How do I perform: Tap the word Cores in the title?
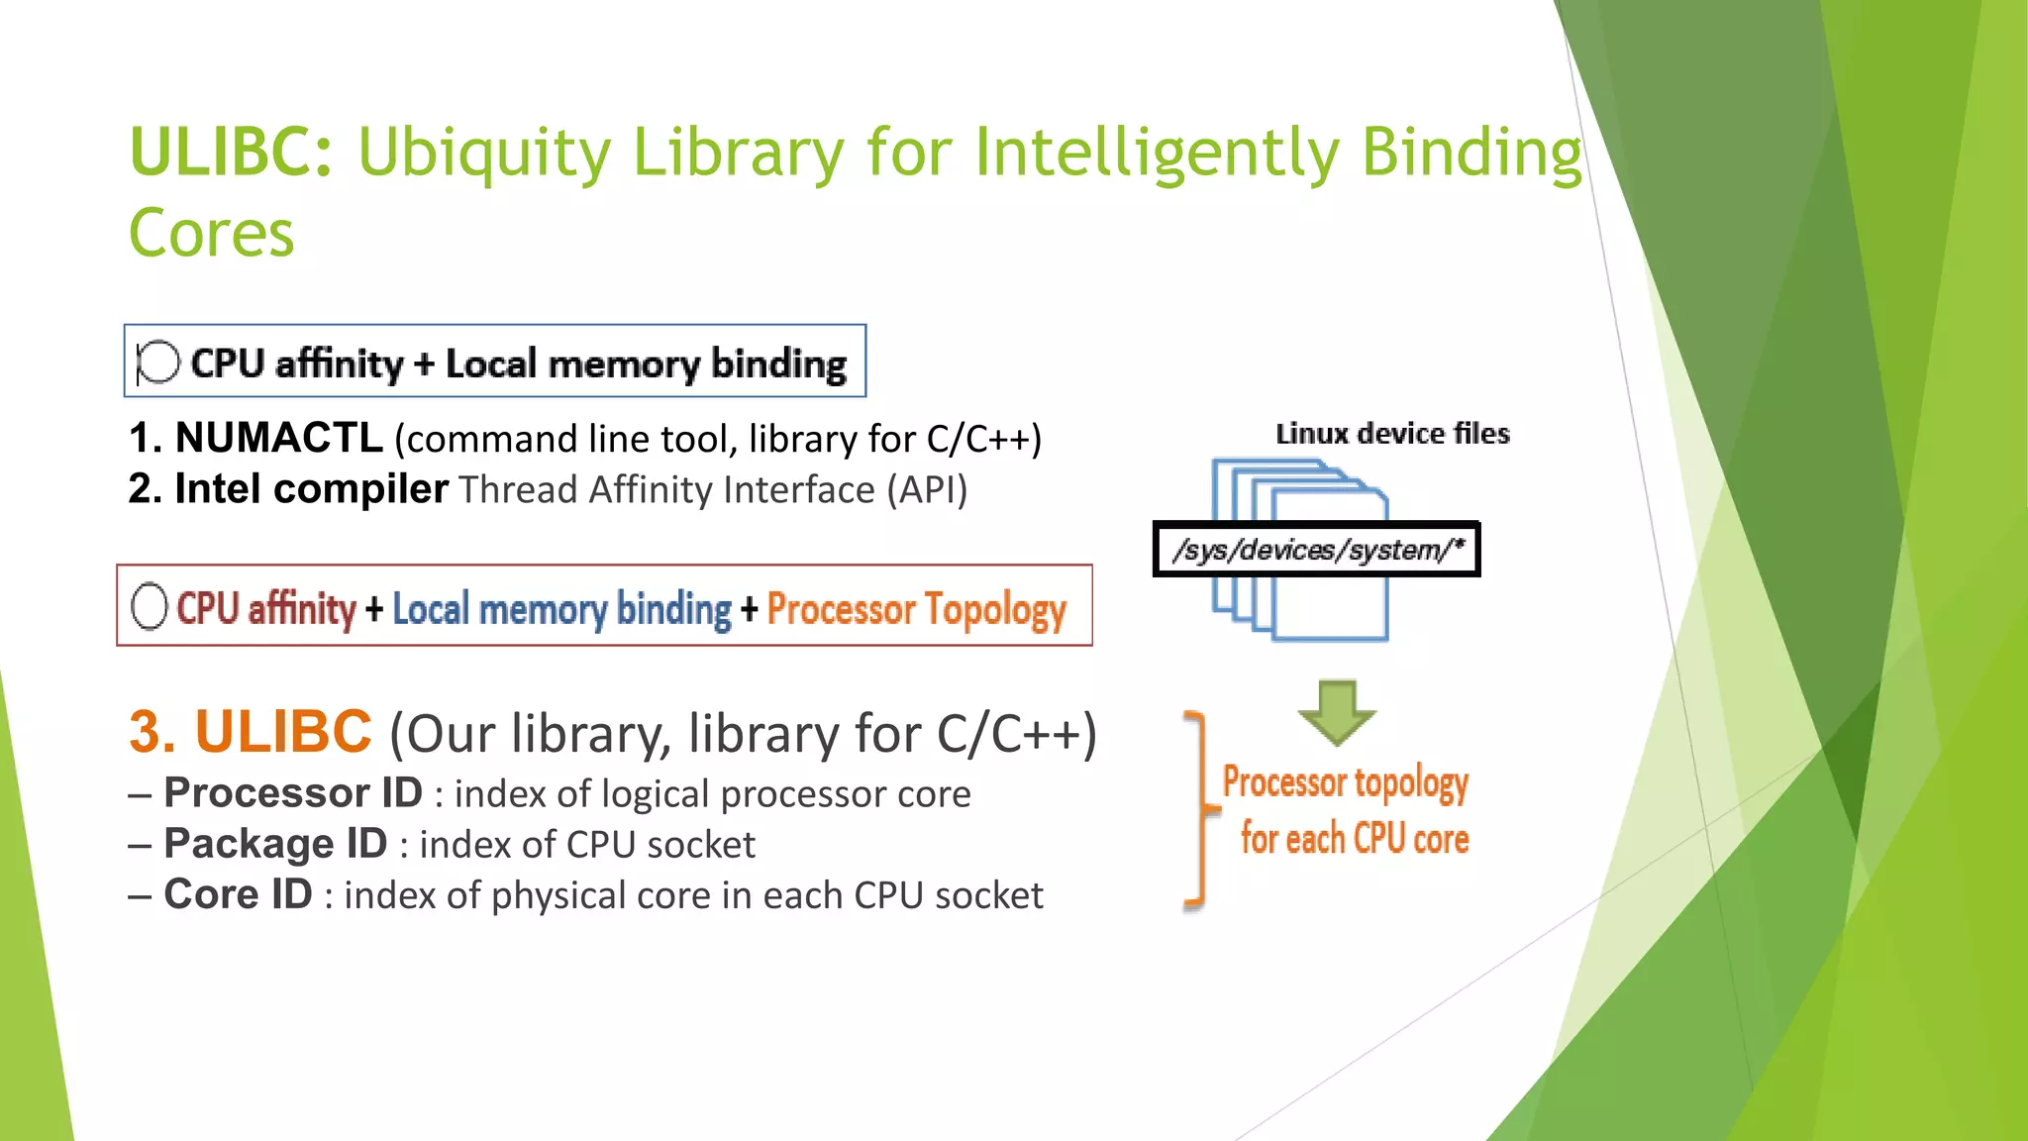(x=212, y=234)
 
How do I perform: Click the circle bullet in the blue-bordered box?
(x=158, y=362)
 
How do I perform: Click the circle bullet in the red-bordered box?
(x=150, y=606)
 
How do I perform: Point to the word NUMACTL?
(x=278, y=438)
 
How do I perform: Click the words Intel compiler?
(x=311, y=489)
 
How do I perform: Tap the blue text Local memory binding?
(x=561, y=609)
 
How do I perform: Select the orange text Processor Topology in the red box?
(x=916, y=609)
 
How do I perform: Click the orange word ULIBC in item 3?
(x=283, y=732)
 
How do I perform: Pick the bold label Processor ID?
(x=293, y=793)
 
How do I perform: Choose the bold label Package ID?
(x=275, y=844)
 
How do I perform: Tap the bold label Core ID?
(x=238, y=894)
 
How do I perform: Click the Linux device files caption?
(x=1392, y=434)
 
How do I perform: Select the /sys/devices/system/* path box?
(x=1316, y=549)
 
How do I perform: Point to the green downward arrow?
(x=1337, y=712)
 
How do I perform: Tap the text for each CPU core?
(x=1354, y=839)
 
